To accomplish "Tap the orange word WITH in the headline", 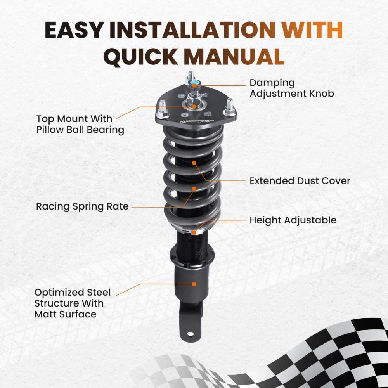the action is coord(312,30).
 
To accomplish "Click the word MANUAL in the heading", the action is coord(234,56).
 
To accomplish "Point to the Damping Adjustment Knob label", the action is coord(292,88).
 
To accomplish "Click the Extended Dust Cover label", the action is coord(300,181).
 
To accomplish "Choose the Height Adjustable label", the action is coord(293,220).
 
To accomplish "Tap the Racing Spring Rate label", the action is coord(82,206).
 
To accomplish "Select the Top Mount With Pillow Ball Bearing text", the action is coord(80,124).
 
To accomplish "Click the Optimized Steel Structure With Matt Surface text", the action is coord(73,303).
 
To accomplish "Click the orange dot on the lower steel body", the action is coord(194,284).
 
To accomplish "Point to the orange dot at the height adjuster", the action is coord(194,232).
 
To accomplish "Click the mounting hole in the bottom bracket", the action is coord(190,334).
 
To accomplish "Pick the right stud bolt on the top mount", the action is coord(229,107).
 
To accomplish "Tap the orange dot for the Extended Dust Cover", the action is coord(194,163).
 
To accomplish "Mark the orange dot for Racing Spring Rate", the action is coord(194,189).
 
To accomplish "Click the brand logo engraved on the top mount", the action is coord(197,121).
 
